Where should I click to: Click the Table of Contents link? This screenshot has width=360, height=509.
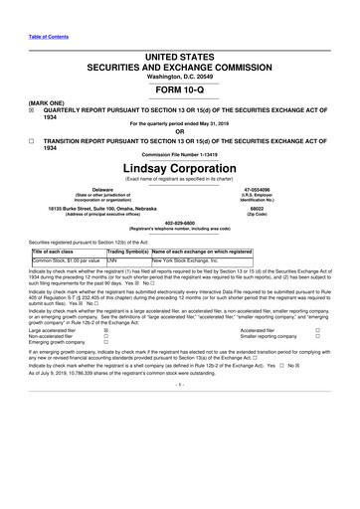(x=32, y=11)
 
